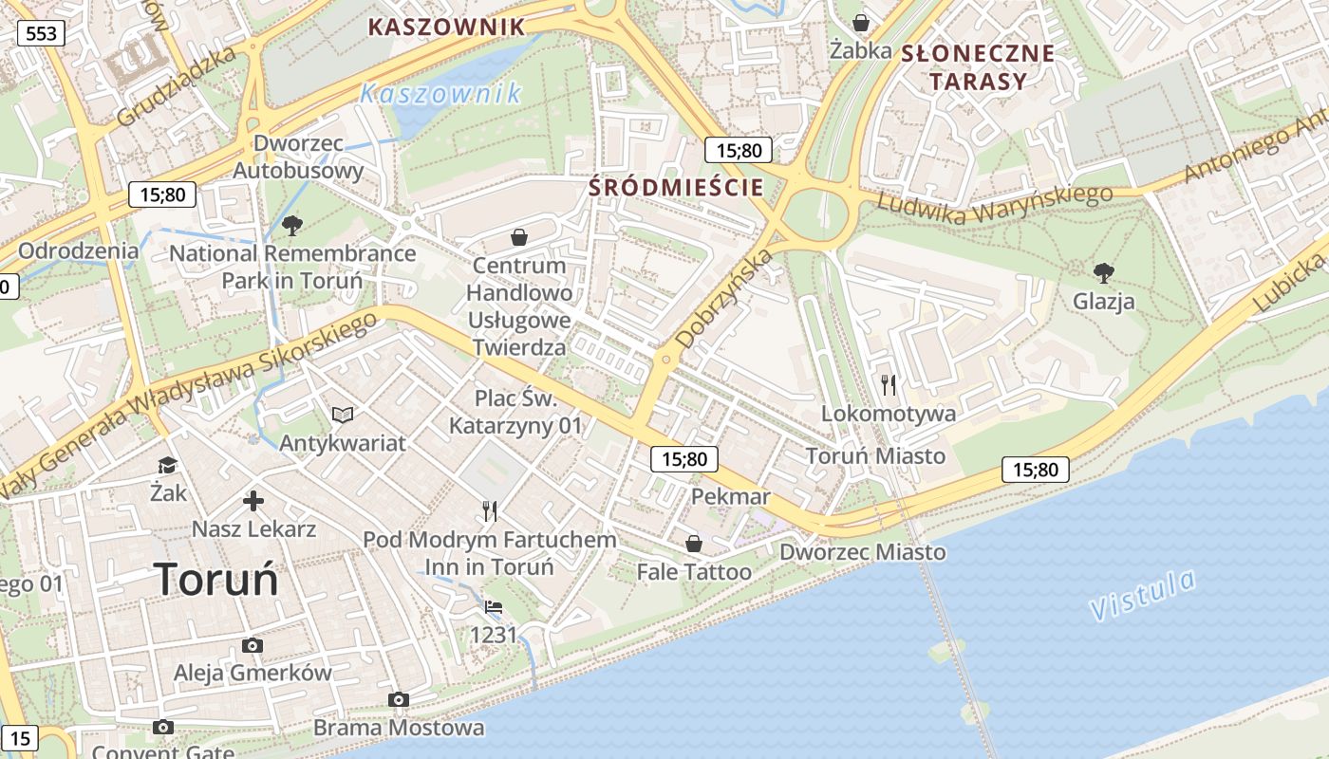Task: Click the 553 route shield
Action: pos(41,34)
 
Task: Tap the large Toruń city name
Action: pos(216,579)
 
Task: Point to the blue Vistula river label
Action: pos(1142,595)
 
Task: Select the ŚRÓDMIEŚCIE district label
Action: pos(676,187)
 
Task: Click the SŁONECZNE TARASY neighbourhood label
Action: pos(978,66)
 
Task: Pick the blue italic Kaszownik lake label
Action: pos(441,94)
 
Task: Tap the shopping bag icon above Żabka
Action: pos(861,22)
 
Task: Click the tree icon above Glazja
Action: pos(1103,273)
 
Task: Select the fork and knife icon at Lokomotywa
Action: pos(889,384)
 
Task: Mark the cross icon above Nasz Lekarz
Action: pos(253,501)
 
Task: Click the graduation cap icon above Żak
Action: pos(168,465)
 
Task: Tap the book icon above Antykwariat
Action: pos(342,415)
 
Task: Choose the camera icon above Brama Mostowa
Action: pos(399,699)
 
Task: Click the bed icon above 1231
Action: pos(493,607)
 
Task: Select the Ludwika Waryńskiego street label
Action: pos(994,205)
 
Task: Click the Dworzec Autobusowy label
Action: pos(298,157)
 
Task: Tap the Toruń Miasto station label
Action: pos(875,455)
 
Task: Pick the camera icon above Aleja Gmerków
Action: pos(252,645)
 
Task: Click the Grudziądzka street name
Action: pos(177,87)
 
